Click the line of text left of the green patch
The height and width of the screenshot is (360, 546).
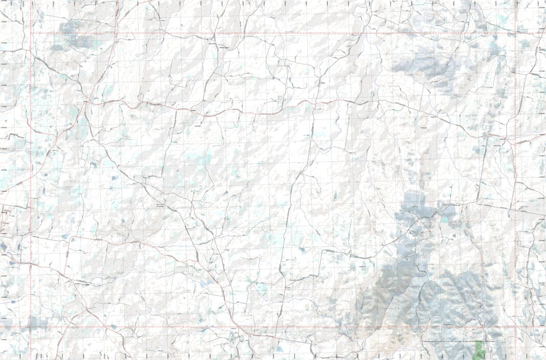(450, 341)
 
